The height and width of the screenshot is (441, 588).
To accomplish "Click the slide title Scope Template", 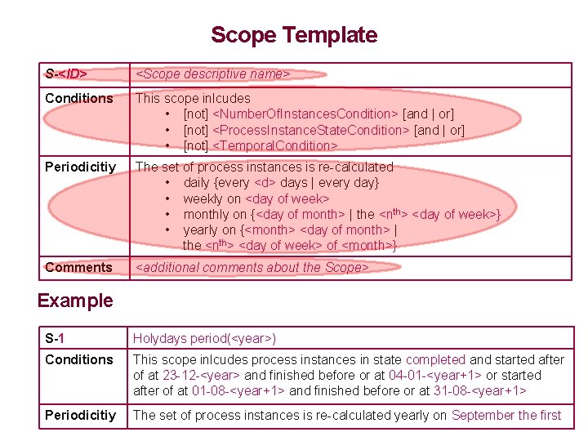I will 294,35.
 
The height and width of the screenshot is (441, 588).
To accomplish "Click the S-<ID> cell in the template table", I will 66,74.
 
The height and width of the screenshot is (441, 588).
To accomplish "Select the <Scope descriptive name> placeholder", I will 212,74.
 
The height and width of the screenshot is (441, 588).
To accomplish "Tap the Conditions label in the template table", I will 79,99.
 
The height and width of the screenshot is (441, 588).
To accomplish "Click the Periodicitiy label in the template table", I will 81,167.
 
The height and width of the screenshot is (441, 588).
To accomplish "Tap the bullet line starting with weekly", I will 256,198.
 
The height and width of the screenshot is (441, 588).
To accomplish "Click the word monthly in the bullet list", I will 206,214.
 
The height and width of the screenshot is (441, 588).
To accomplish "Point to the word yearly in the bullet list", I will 201,229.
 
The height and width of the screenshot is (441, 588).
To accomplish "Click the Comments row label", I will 78,268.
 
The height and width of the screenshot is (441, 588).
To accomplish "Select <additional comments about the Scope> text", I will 252,268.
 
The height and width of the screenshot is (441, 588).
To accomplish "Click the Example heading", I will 76,301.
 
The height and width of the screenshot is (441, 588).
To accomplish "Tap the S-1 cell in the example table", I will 56,338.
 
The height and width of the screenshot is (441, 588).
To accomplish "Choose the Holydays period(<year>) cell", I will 205,338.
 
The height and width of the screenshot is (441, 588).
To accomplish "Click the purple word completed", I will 435,359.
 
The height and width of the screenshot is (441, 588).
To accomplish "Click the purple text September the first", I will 506,415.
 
